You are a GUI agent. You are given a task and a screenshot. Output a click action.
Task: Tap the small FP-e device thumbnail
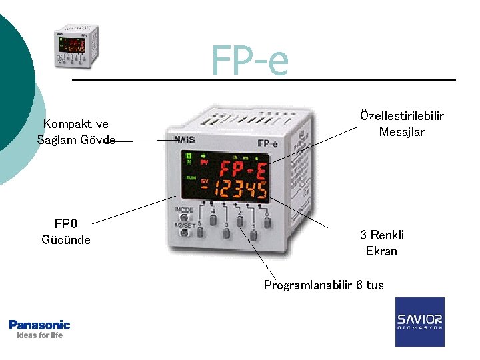pos(77,47)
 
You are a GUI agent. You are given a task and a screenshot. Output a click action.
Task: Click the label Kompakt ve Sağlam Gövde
pos(76,131)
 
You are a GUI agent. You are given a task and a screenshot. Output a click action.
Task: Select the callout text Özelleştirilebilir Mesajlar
pos(401,124)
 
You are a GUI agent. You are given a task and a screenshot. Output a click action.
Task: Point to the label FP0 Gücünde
pos(65,231)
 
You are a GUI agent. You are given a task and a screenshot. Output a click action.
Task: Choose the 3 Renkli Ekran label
pos(381,243)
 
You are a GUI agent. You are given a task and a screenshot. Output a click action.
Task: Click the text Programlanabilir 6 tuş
pos(323,285)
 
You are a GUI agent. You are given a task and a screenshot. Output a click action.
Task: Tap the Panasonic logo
pos(39,325)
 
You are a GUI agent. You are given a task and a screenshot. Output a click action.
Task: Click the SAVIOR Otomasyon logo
pos(419,321)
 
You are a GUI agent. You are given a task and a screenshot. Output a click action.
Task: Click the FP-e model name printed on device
pos(267,143)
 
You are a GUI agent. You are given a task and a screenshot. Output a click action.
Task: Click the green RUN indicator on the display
pos(191,179)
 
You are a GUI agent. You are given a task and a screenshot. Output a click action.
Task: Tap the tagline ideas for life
pos(39,335)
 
